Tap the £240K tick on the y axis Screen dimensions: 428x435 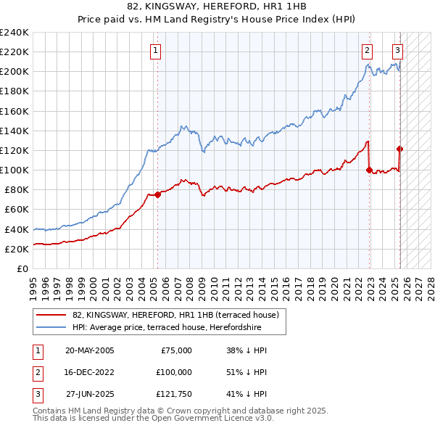pyautogui.click(x=14, y=33)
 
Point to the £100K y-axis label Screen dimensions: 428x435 pyautogui.click(x=14, y=170)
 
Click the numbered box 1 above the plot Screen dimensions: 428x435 pyautogui.click(x=157, y=50)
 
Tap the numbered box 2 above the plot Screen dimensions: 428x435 pyautogui.click(x=368, y=50)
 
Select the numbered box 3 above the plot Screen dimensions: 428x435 pyautogui.click(x=398, y=50)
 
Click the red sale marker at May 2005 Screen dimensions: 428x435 pyautogui.click(x=158, y=194)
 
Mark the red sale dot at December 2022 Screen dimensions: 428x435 pyautogui.click(x=370, y=170)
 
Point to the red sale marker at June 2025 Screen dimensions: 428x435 pyautogui.click(x=400, y=149)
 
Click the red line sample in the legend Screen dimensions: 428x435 pyautogui.click(x=51, y=315)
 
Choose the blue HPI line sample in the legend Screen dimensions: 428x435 pyautogui.click(x=51, y=327)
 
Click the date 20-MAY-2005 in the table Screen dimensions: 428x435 pyautogui.click(x=89, y=350)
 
